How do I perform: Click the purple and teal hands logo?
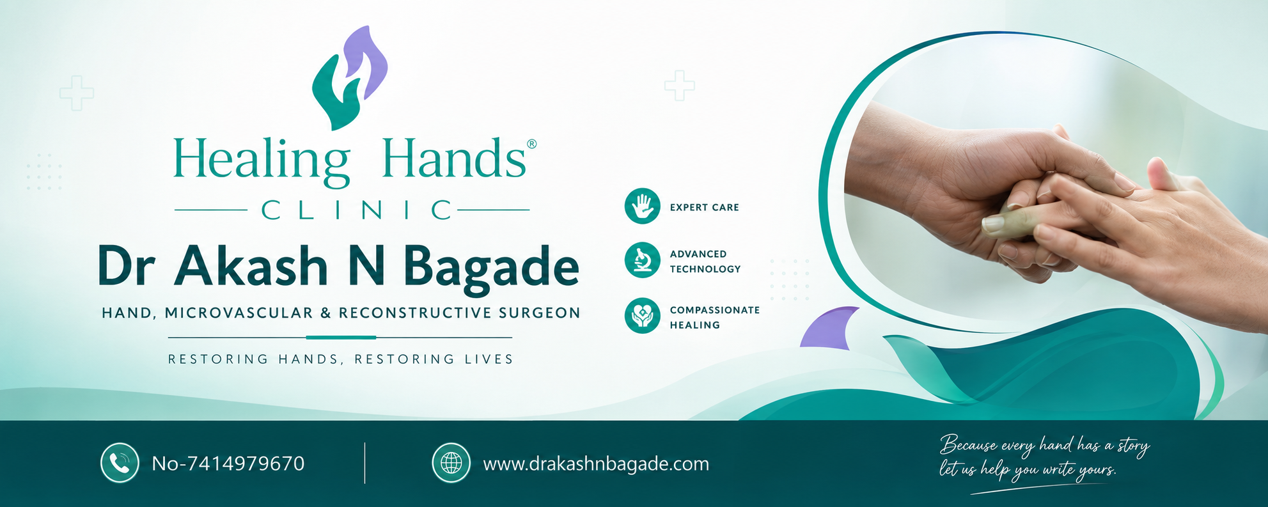pos(350,77)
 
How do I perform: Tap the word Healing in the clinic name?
pos(261,160)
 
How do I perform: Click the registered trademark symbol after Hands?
pos(531,144)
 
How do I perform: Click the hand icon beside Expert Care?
pos(642,206)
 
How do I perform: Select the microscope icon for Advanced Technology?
pos(642,260)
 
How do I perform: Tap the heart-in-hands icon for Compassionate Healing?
pos(642,316)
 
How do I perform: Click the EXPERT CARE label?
pos(704,207)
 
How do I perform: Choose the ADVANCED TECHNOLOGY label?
pos(705,261)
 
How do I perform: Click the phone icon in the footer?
pos(120,463)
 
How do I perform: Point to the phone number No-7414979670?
pos(228,464)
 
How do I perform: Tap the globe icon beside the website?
pos(451,463)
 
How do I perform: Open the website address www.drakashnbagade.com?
pos(596,464)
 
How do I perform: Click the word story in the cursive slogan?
pos(1132,446)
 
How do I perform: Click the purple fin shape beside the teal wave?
pos(829,327)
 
